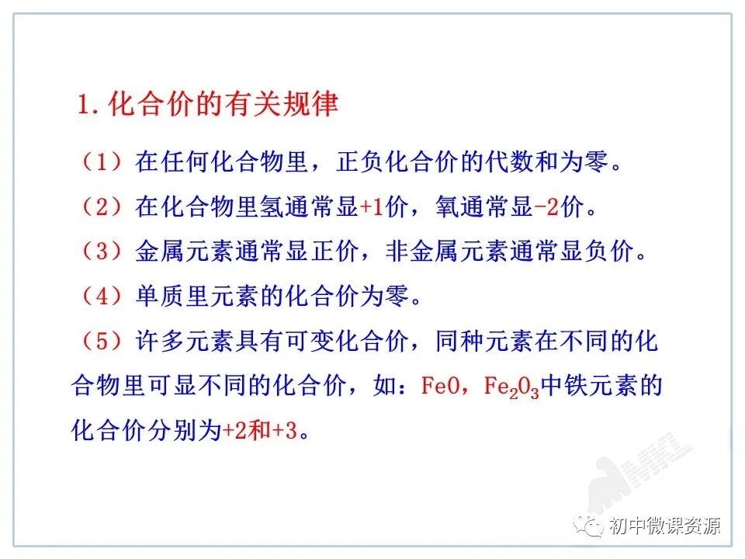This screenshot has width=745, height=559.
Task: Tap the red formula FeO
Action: click(x=443, y=385)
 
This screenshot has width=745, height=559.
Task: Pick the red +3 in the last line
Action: click(x=284, y=431)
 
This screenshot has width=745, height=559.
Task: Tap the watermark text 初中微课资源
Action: click(x=664, y=526)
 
